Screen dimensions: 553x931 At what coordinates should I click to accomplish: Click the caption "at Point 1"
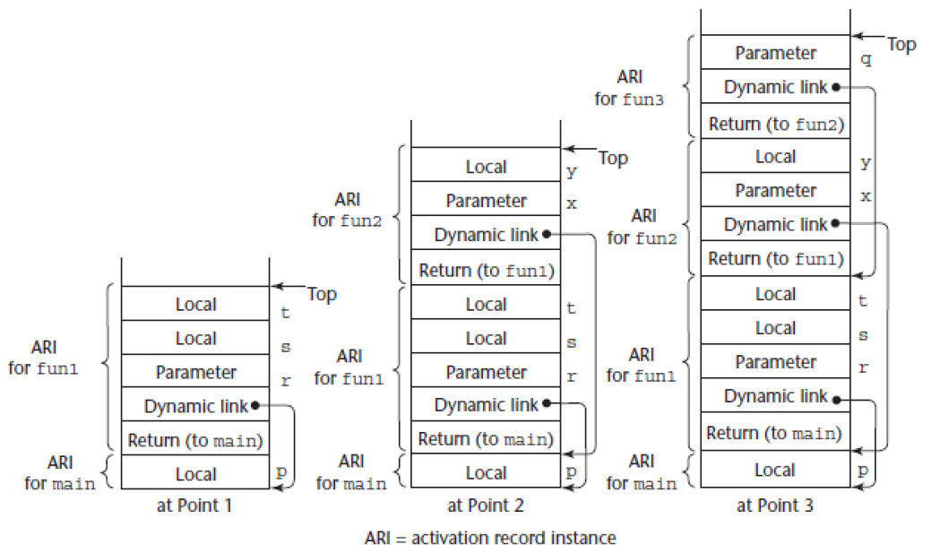[x=195, y=505]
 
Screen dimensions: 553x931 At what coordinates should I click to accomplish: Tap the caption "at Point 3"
[x=775, y=505]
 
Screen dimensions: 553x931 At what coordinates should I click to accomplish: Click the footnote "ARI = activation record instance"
[x=490, y=539]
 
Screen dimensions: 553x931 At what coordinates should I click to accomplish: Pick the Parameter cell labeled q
[x=776, y=53]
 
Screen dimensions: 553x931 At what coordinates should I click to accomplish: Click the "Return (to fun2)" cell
[x=776, y=123]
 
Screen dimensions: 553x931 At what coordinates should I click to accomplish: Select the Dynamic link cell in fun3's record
[x=776, y=88]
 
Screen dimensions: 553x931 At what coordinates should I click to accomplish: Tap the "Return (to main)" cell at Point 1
[x=195, y=440]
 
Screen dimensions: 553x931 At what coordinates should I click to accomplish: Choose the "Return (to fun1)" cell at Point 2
[x=486, y=270]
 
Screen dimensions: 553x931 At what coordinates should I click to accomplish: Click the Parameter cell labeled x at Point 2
[x=486, y=201]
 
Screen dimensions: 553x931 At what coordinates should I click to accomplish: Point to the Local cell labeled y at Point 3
[x=776, y=157]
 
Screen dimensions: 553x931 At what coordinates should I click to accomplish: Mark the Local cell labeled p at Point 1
[x=195, y=474]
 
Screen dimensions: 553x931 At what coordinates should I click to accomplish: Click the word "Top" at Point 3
[x=901, y=44]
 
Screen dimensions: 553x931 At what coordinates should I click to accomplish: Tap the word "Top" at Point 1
[x=322, y=294]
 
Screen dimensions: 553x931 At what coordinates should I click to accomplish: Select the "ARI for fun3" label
[x=630, y=88]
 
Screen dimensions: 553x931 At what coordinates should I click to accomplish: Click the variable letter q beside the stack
[x=866, y=62]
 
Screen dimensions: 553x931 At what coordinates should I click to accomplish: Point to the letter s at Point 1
[x=286, y=346]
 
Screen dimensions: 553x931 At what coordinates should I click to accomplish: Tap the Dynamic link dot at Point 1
[x=256, y=405]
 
